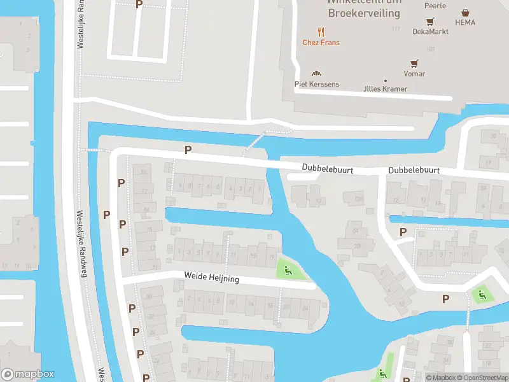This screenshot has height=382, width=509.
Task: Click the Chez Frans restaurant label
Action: [x=321, y=43]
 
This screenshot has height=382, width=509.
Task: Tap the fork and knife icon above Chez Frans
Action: [x=321, y=31]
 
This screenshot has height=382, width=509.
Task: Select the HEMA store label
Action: [x=465, y=22]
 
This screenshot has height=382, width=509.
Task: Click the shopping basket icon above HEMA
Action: [x=466, y=12]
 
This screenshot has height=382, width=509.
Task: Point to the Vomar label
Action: [x=414, y=74]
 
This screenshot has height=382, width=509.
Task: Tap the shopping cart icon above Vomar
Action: [x=414, y=63]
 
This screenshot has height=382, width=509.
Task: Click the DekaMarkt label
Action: [x=430, y=31]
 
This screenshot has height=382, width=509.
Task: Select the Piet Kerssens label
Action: [x=316, y=84]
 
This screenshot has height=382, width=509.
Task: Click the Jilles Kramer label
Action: [x=385, y=88]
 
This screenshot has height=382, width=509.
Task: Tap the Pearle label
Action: [x=435, y=6]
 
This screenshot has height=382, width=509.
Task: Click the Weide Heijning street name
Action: [x=212, y=278]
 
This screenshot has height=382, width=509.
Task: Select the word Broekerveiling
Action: [x=364, y=13]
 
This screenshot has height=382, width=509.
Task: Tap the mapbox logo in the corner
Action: [x=28, y=374]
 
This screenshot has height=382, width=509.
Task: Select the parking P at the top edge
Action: [x=139, y=4]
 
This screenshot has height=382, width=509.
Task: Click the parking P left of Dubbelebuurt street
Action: [x=188, y=150]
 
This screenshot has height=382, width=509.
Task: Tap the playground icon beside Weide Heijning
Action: [x=287, y=271]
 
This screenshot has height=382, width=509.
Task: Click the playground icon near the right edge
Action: [x=480, y=295]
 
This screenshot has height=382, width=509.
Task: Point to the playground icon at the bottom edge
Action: [x=383, y=374]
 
